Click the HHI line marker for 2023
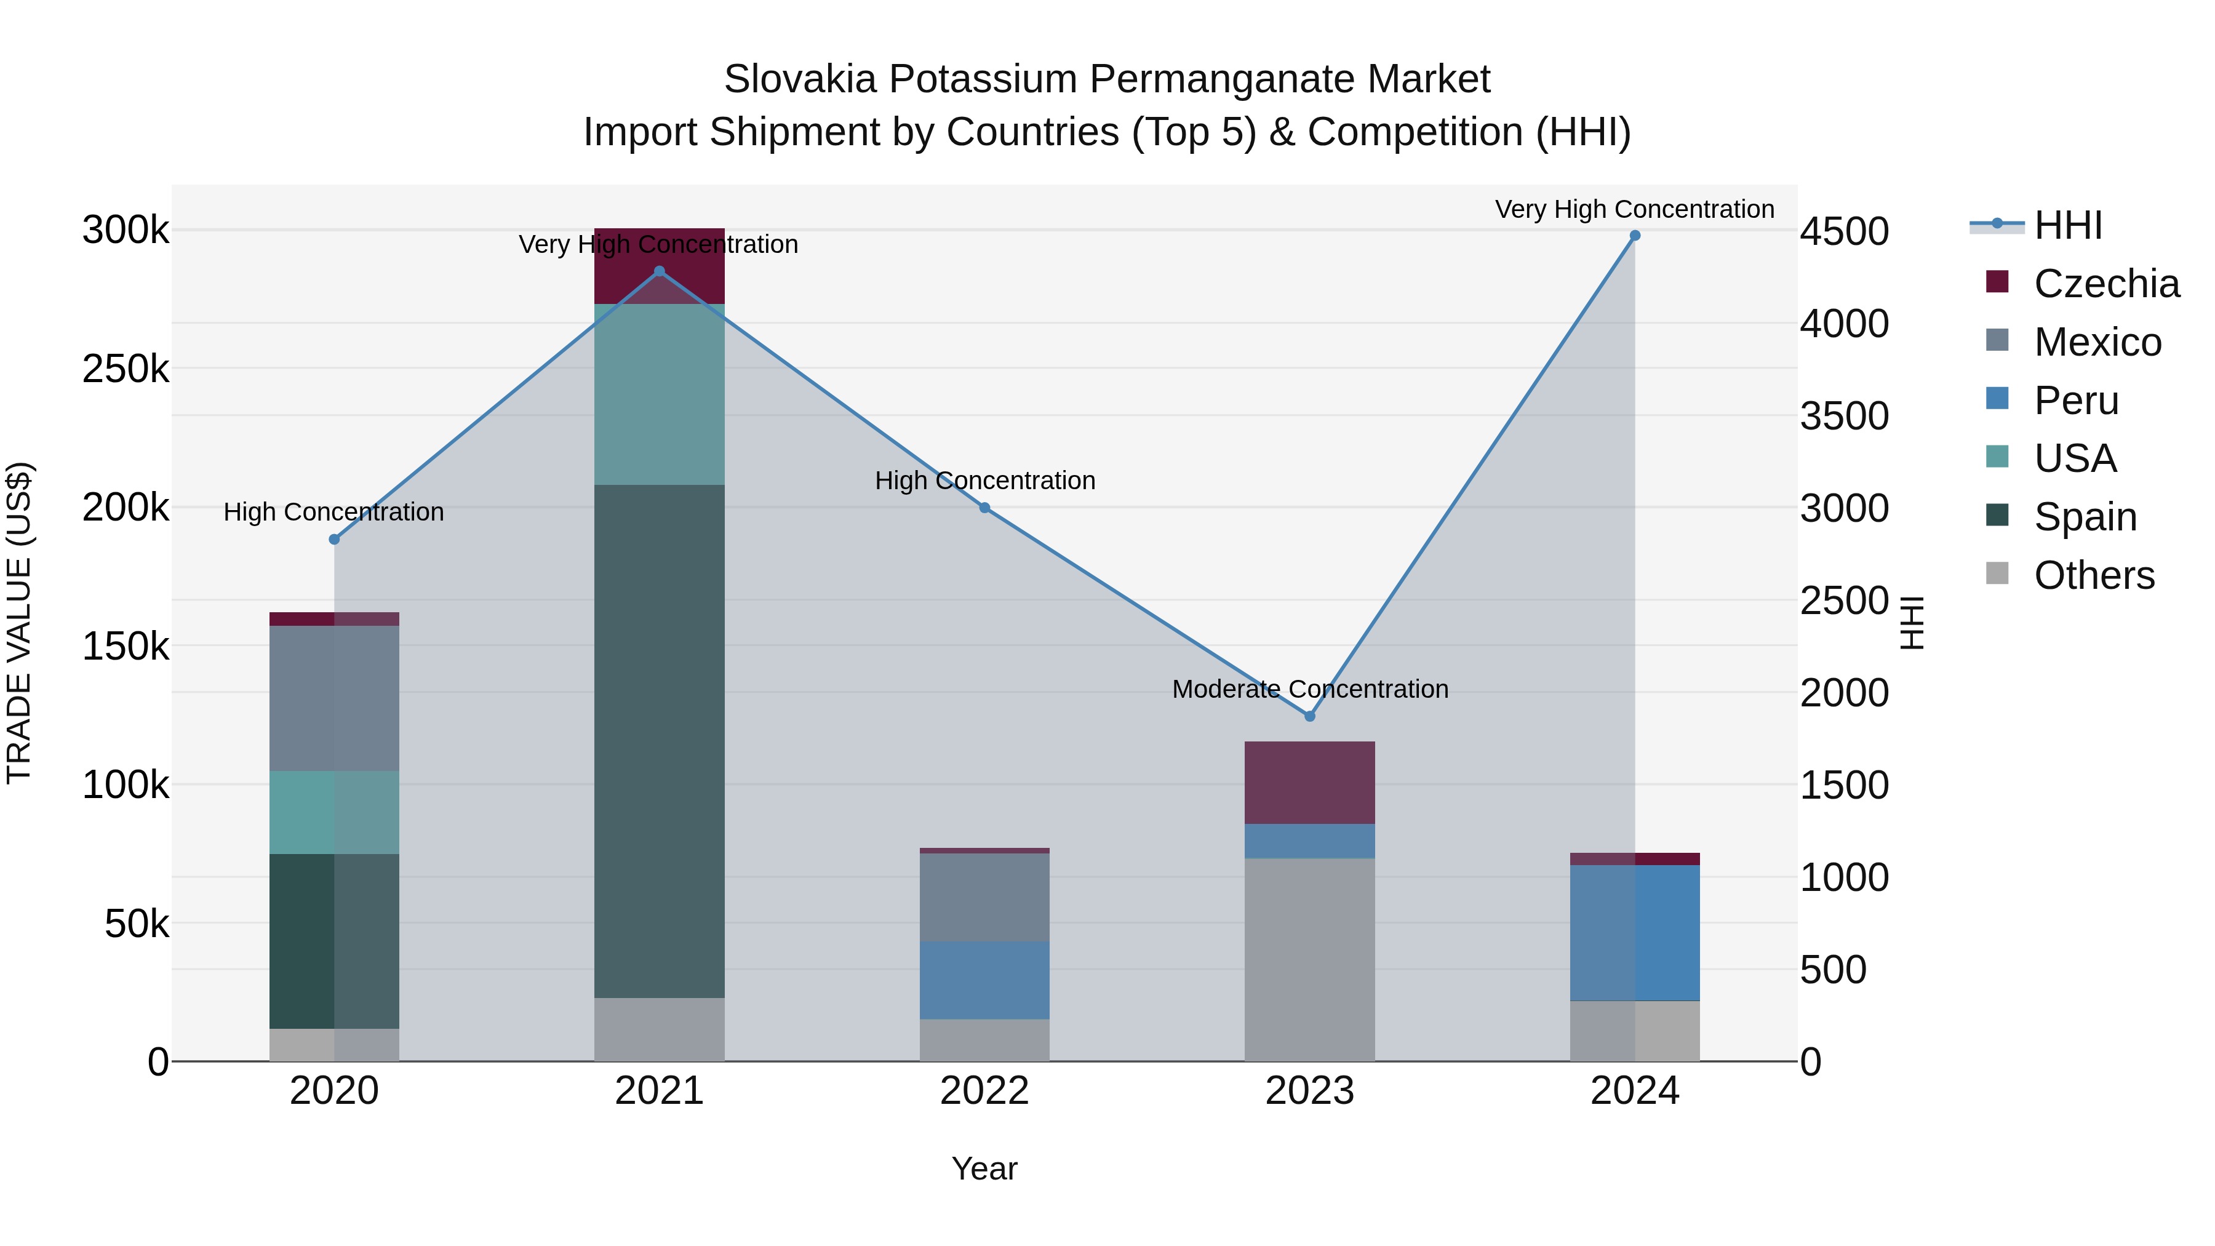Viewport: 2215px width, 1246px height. tap(1309, 716)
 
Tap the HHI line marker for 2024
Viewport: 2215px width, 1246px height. tap(1635, 236)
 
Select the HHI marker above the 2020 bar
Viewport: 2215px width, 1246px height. tap(335, 539)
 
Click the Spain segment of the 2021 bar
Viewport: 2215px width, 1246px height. tap(660, 740)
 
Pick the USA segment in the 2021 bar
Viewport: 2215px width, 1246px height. tap(660, 394)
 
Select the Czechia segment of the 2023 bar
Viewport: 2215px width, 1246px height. tap(1309, 783)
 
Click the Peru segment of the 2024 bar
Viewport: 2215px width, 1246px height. tap(1635, 932)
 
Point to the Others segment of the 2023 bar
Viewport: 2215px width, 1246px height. tap(1309, 959)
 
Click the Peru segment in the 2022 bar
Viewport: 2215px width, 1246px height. tap(984, 980)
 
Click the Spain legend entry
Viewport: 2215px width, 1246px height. tap(2085, 517)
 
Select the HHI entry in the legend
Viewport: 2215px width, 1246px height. tap(2067, 225)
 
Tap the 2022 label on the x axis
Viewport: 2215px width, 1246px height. tap(984, 1091)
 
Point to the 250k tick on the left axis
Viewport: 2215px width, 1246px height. tap(126, 370)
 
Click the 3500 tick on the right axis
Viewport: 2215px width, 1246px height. tap(1845, 416)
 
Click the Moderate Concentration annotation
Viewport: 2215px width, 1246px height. tap(1309, 689)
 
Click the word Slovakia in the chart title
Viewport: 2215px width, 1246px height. tap(800, 79)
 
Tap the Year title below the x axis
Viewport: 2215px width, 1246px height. tap(984, 1168)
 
